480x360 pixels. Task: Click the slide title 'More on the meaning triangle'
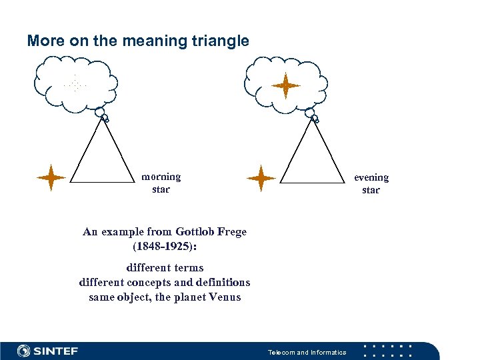(x=138, y=41)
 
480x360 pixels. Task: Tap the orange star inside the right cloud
(x=286, y=86)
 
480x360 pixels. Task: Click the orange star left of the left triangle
(x=51, y=177)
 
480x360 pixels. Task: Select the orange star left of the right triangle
(x=261, y=178)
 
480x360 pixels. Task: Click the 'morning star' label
(x=161, y=183)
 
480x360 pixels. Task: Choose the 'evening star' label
(x=371, y=183)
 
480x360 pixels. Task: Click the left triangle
(x=103, y=160)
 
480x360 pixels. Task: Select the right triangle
(x=314, y=160)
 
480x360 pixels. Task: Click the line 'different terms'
(x=165, y=268)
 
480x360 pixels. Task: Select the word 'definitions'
(x=221, y=282)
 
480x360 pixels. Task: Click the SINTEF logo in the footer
(x=47, y=351)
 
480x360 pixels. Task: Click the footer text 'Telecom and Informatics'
(x=307, y=352)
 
